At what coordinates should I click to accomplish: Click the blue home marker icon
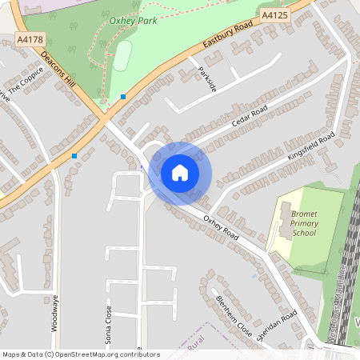click(180, 172)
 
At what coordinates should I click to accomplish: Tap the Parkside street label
click(207, 78)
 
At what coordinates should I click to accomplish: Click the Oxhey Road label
click(222, 228)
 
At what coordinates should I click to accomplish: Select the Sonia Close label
click(109, 323)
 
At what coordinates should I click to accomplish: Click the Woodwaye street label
click(55, 312)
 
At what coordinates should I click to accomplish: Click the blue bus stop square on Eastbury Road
click(123, 97)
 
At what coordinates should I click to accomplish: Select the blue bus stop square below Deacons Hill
click(74, 155)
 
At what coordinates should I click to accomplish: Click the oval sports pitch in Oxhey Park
click(122, 56)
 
